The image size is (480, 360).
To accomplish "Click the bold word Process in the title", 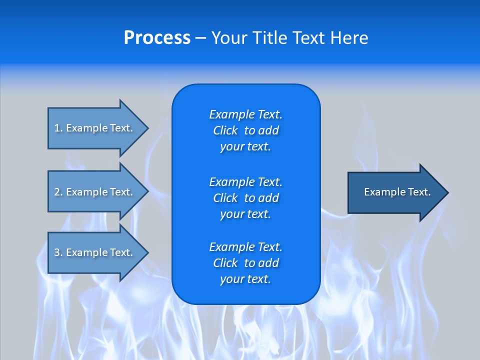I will click(x=157, y=38).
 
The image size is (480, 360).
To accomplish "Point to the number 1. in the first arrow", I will click(x=58, y=128).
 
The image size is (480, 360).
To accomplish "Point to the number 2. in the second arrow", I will click(x=58, y=192).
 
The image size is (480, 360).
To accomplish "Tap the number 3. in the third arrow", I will click(x=58, y=252).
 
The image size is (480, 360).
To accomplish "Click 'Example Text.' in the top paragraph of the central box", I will click(x=245, y=114).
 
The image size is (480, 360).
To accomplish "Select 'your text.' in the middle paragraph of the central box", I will click(x=245, y=214).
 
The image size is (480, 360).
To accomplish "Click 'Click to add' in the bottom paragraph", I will click(x=245, y=263).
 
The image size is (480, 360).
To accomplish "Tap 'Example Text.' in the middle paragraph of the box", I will click(x=245, y=181).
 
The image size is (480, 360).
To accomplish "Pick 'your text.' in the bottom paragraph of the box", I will click(x=245, y=279).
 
